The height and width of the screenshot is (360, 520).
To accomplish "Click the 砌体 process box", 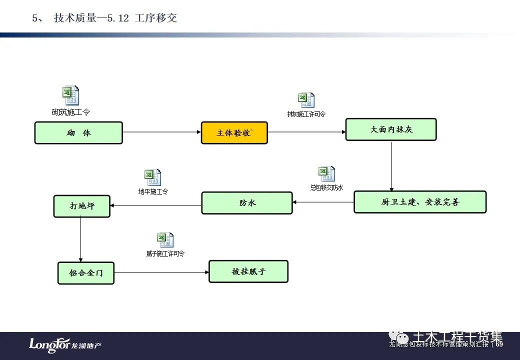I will pos(78,133).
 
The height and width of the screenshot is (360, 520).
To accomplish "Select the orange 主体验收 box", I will pos(234,133).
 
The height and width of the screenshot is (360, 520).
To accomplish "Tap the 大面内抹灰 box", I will pos(391,129).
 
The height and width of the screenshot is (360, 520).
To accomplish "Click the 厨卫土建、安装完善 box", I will pos(420,202).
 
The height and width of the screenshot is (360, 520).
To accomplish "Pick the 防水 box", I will pos(247,203).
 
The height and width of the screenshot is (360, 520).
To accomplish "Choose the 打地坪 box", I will pos(81,206).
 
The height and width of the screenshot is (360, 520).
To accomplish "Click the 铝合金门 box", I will pos(86,273).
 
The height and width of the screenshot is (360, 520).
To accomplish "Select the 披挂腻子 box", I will pos(248,271).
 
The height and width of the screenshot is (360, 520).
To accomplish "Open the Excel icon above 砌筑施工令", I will pos(70,95).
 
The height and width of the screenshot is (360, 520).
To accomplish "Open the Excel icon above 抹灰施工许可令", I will pos(306,100).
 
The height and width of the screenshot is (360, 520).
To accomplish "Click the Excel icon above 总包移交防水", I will pos(326,174).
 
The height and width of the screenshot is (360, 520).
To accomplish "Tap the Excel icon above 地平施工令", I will pos(153,177).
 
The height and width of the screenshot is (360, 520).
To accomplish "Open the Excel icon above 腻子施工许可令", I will pos(165,240).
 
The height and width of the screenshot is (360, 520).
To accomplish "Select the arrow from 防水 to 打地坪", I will pos(155,205).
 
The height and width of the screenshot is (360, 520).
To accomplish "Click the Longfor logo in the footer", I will pos(65,345).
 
